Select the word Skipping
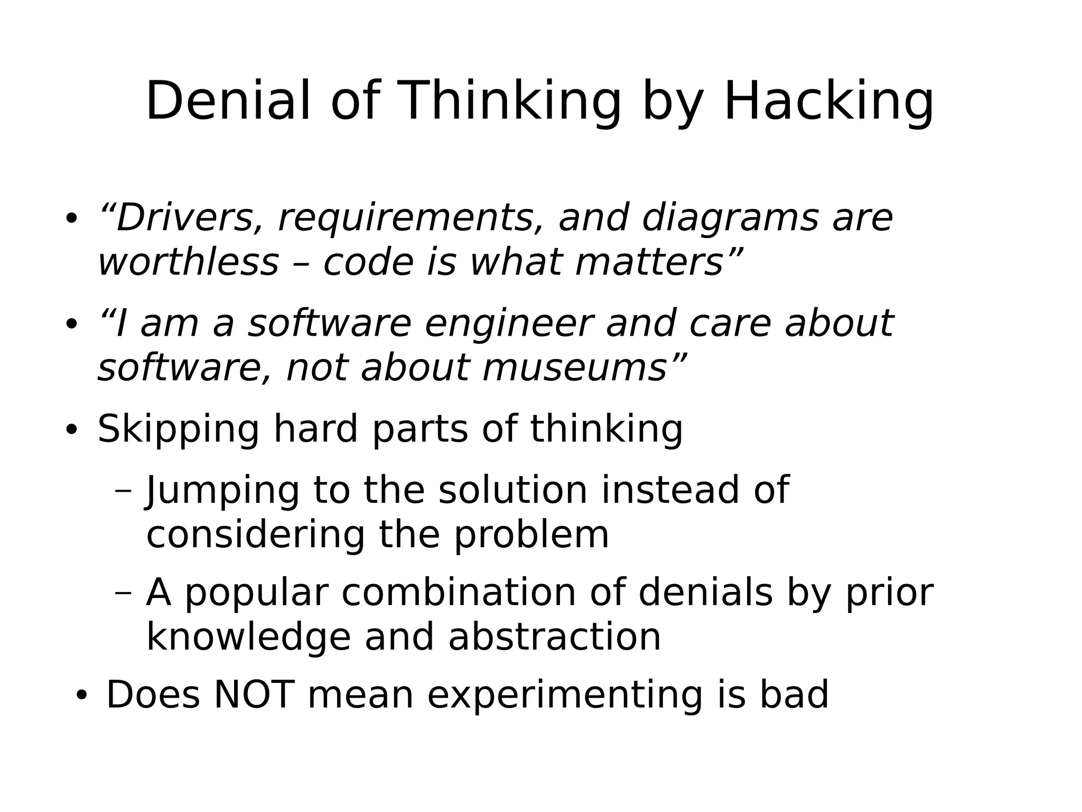point(178,429)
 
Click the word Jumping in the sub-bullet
point(222,491)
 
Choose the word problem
point(531,535)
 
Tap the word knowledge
point(248,638)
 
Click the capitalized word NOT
point(254,695)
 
